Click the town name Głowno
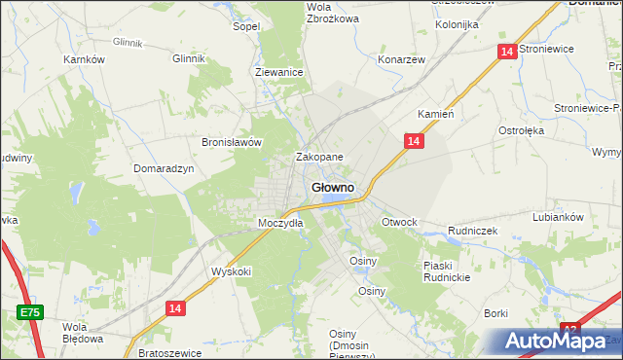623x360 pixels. click(332, 187)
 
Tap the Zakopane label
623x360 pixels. click(319, 157)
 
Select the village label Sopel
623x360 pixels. click(245, 26)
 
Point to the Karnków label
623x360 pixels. click(84, 59)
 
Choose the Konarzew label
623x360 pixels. click(402, 59)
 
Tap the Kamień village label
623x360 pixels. click(436, 114)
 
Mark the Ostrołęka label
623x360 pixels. click(521, 129)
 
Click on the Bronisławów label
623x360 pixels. click(233, 142)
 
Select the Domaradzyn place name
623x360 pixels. click(165, 167)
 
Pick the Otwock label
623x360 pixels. click(399, 222)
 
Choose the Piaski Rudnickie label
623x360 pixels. click(447, 271)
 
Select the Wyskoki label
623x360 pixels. click(232, 271)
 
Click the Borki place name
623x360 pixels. click(496, 313)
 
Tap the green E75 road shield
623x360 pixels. click(30, 312)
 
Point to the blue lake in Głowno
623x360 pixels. click(335, 199)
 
